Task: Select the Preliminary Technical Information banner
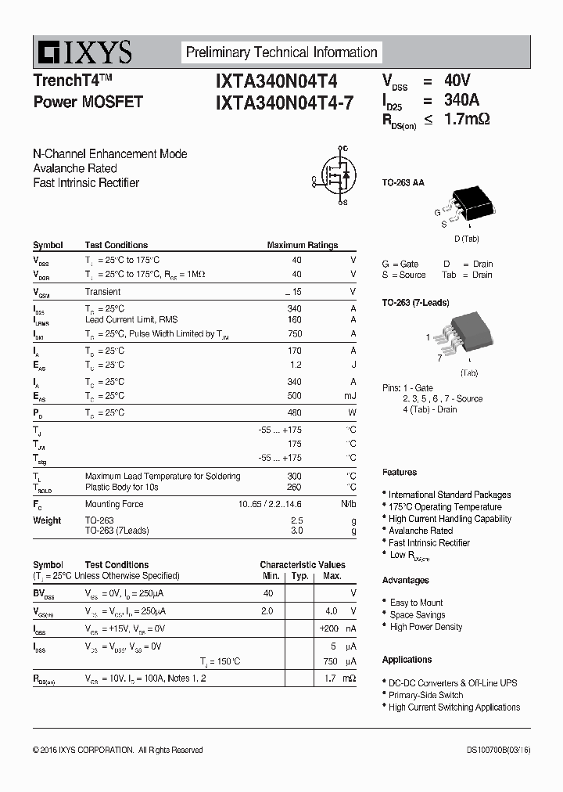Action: pyautogui.click(x=281, y=52)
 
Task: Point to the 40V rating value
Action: pyautogui.click(x=457, y=81)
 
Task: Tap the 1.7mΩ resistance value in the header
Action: pyautogui.click(x=466, y=120)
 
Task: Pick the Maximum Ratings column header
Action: pyautogui.click(x=302, y=245)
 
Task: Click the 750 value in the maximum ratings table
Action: pyautogui.click(x=294, y=334)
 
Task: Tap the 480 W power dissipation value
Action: pyautogui.click(x=294, y=412)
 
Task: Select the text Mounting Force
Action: pyautogui.click(x=114, y=505)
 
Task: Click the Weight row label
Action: pyautogui.click(x=47, y=520)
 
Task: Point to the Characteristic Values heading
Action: pyautogui.click(x=302, y=564)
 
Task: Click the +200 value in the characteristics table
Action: pyautogui.click(x=328, y=628)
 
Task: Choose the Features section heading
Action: pyautogui.click(x=400, y=472)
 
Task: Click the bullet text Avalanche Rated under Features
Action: pyautogui.click(x=421, y=531)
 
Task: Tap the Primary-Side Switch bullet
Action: pyautogui.click(x=425, y=695)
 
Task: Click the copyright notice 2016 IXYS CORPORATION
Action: pyautogui.click(x=117, y=750)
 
